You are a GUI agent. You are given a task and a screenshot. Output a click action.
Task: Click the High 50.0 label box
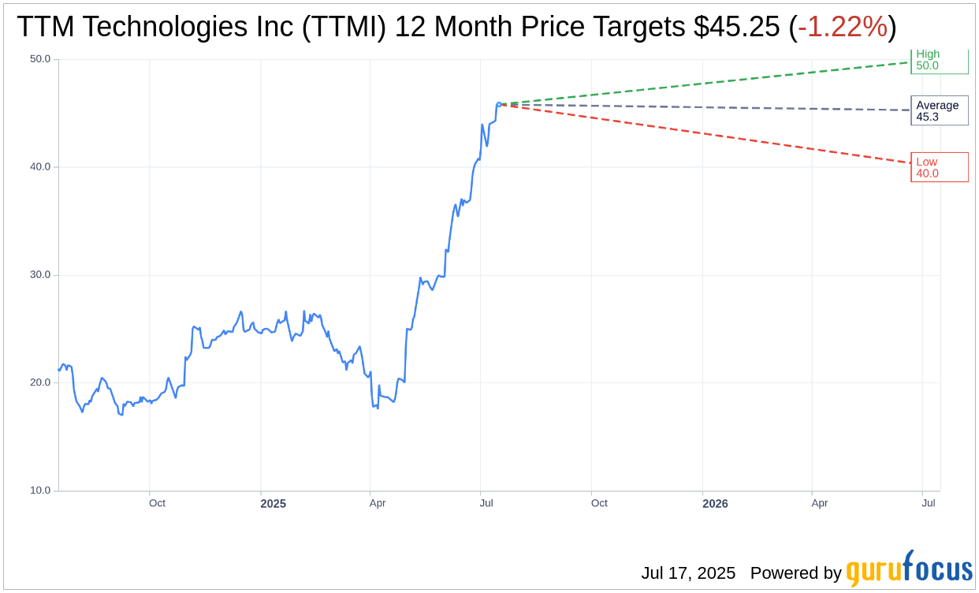coord(939,61)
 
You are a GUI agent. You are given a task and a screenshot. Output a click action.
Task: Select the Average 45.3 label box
coord(939,110)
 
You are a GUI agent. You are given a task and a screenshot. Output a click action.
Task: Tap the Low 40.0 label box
coord(939,167)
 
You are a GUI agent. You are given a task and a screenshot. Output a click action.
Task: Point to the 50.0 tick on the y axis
coord(40,59)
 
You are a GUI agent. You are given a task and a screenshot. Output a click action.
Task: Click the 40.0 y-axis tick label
coord(40,167)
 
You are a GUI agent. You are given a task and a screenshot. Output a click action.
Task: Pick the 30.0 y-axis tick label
coord(40,275)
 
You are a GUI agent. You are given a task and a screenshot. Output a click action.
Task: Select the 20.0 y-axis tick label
coord(40,382)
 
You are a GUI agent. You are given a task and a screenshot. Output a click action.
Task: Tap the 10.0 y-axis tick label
coord(40,490)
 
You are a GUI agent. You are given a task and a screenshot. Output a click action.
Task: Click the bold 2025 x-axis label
coord(273,504)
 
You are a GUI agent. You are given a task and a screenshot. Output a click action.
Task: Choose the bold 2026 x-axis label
coord(715,504)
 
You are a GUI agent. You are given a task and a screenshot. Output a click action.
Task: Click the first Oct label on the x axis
coord(157,503)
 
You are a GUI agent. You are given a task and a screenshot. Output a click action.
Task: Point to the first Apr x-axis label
coord(378,503)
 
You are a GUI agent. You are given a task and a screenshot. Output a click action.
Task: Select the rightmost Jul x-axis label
coord(929,503)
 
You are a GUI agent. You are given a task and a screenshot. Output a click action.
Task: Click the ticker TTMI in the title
coord(347,28)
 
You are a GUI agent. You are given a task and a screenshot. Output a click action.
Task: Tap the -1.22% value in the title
coord(843,28)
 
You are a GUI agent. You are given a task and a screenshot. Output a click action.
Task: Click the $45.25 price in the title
coord(738,28)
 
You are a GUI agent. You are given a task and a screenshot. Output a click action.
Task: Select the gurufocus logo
coord(909,569)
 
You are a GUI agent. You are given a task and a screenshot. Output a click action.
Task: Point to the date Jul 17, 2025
coord(688,573)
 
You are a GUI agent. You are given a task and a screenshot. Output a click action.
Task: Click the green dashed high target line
coord(709,84)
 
